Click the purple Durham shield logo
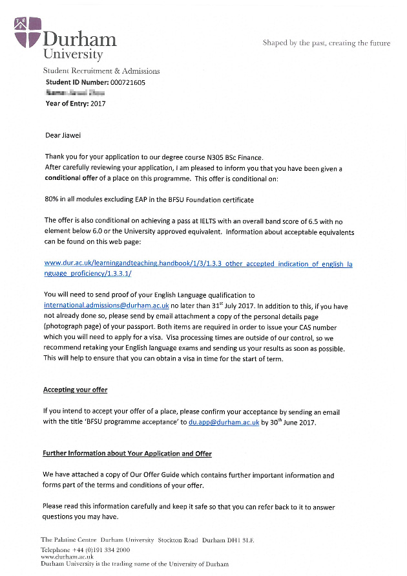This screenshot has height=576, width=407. point(27,32)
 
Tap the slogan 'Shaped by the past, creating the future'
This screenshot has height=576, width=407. point(326,43)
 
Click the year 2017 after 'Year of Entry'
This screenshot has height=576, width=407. point(98,104)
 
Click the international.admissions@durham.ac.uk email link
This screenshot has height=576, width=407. point(107,305)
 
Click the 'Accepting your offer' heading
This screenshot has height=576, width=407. point(75,390)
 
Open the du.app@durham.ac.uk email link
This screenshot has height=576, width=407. point(224,422)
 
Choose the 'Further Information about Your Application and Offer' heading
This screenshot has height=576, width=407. point(127,454)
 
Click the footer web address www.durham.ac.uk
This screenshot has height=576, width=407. point(67,557)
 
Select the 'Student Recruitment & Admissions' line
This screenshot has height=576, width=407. point(101,71)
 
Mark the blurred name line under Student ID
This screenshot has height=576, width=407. point(75,93)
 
